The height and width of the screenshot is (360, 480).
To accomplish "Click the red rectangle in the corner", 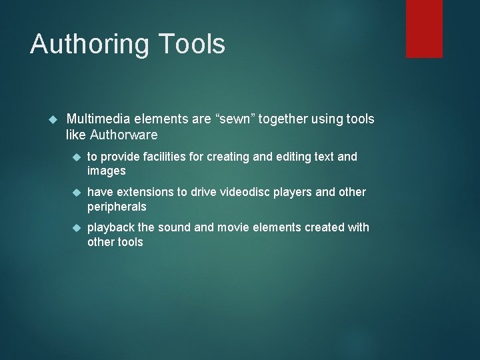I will pos(425,28).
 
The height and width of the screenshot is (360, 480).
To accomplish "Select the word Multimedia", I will pos(99,119).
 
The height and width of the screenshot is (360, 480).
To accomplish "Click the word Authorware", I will pos(125,135).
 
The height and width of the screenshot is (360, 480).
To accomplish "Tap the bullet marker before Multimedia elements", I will pos(55,119).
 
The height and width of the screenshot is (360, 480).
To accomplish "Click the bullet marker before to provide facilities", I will pos(76,157).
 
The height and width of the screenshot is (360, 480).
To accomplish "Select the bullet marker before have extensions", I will pos(76,193).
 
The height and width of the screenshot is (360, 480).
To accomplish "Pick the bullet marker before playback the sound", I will pos(76,228).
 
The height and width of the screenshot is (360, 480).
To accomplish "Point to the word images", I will pos(107,171).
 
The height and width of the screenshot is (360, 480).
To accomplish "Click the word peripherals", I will pos(117,207).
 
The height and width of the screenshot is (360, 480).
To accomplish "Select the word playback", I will pos(111,227).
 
